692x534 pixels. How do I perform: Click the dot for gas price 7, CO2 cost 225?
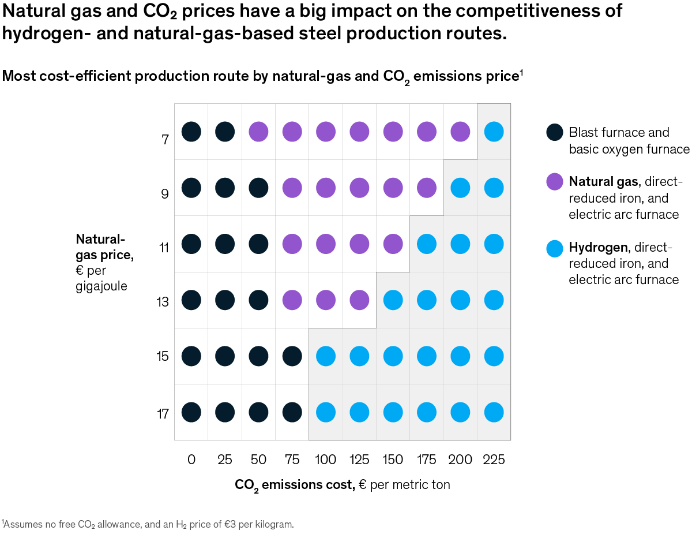(494, 132)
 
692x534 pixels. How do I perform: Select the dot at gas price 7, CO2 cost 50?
(258, 132)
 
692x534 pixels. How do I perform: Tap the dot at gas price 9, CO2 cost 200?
(460, 188)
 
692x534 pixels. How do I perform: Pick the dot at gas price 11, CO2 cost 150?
(393, 244)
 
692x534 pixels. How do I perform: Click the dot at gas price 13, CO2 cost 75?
(292, 300)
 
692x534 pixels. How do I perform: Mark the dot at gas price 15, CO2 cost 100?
(326, 356)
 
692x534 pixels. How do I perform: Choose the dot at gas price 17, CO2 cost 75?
(292, 412)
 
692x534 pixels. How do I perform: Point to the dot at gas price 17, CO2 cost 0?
(191, 412)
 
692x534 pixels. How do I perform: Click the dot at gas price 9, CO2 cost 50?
(258, 188)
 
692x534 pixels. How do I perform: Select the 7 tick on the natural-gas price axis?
(164, 139)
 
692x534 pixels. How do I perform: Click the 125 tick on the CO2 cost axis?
(359, 460)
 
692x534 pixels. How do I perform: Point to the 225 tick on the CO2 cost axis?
(494, 460)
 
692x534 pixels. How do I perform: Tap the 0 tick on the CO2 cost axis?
(191, 460)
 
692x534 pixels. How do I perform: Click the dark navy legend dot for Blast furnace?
(554, 132)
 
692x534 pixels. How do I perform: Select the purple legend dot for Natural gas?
(554, 182)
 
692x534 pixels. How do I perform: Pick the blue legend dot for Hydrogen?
(554, 248)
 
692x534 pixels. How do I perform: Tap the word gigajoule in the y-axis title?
(101, 286)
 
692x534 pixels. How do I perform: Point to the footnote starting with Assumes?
(149, 524)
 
